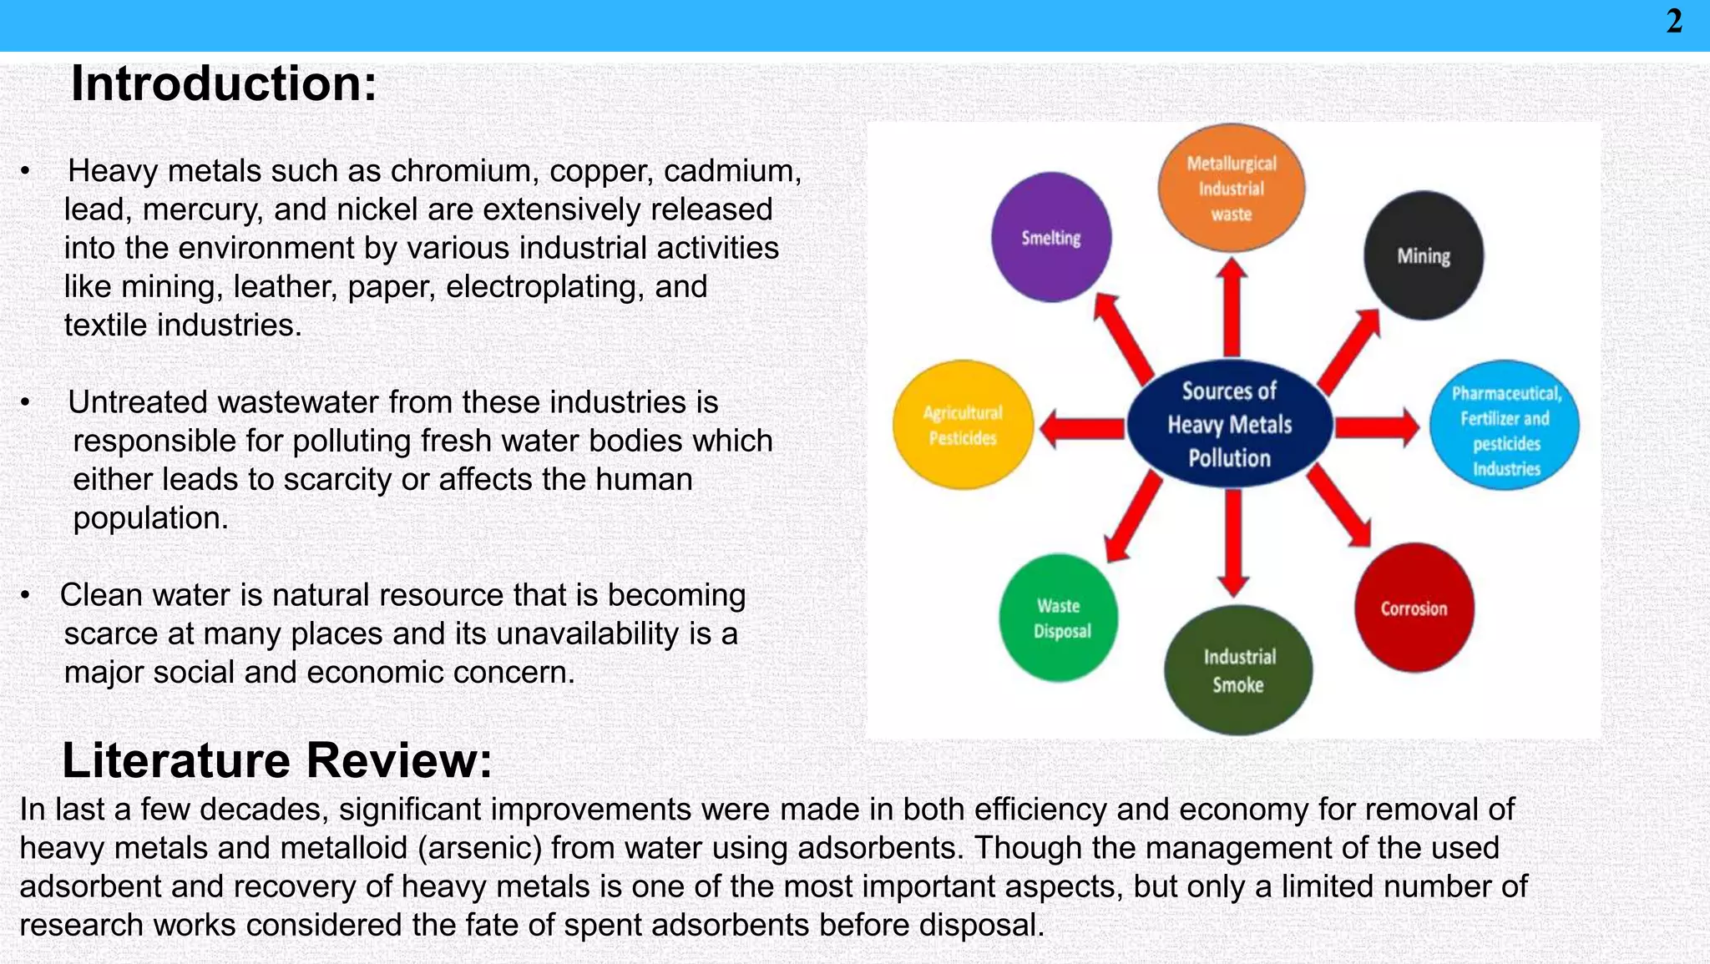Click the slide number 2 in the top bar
point(1674,22)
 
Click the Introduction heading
point(224,84)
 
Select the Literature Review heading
point(277,760)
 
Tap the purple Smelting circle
point(1051,237)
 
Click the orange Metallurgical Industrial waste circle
point(1232,188)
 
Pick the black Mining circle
point(1424,255)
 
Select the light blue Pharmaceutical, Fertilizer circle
point(1505,425)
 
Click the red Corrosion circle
point(1414,608)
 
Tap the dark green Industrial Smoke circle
point(1238,669)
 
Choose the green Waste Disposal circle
point(1059,618)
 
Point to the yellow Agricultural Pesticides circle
point(963,425)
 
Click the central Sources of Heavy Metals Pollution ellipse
point(1230,424)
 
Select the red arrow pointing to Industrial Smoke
point(1233,542)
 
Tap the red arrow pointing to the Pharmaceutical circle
point(1376,427)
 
